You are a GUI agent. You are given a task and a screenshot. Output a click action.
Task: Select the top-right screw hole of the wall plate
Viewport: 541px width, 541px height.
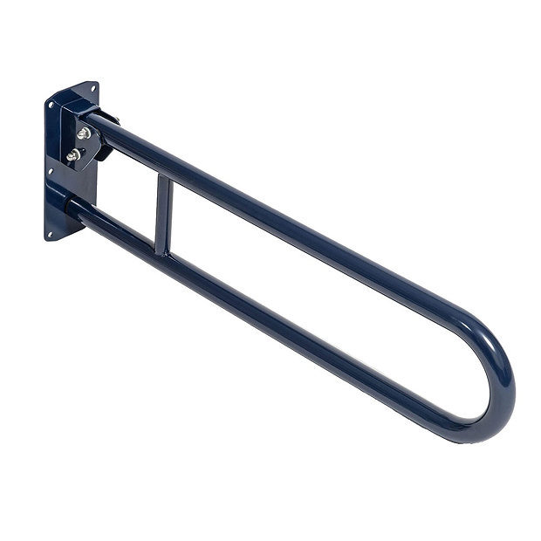[92, 89]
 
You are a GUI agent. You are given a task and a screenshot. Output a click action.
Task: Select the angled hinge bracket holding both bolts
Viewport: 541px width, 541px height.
[87, 147]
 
